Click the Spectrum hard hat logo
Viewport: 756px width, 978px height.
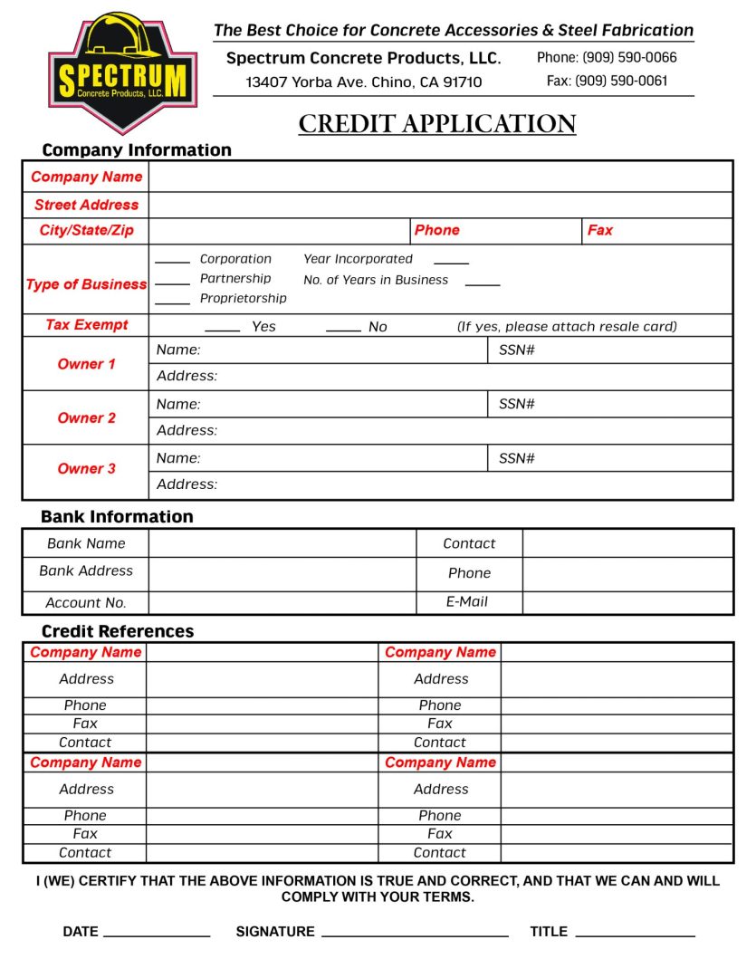(121, 72)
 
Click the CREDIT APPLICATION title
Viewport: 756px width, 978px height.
(437, 124)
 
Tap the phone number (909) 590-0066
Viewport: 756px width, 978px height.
(607, 57)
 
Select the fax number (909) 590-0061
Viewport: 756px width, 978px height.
(608, 81)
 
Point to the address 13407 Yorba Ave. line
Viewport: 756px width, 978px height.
(363, 82)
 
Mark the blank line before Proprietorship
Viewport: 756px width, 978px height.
(172, 302)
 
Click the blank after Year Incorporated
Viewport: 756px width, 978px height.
(451, 262)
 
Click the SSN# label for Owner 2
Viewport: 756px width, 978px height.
(517, 404)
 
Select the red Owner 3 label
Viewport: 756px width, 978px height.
(86, 468)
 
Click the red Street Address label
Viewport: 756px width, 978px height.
(86, 205)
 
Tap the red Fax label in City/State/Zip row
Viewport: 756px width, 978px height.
(599, 231)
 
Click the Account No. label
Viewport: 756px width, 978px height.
(86, 603)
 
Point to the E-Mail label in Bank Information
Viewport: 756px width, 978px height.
(467, 601)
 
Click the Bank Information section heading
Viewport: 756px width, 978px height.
(117, 517)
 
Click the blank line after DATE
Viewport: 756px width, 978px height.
(157, 934)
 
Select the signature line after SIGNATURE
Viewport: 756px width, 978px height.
(415, 934)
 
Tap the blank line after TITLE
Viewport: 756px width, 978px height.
(635, 934)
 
